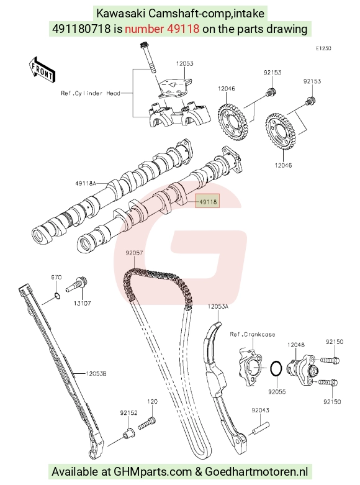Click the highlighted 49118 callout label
pos(207,201)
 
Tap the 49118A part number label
pos(86,183)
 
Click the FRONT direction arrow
pos(42,71)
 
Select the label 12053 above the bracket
pos(184,63)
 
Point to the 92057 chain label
pos(134,253)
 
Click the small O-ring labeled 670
pos(57,296)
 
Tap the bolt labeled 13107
pos(77,285)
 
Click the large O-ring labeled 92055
pos(276,369)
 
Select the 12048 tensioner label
pos(295,345)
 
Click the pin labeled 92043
pos(261,428)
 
